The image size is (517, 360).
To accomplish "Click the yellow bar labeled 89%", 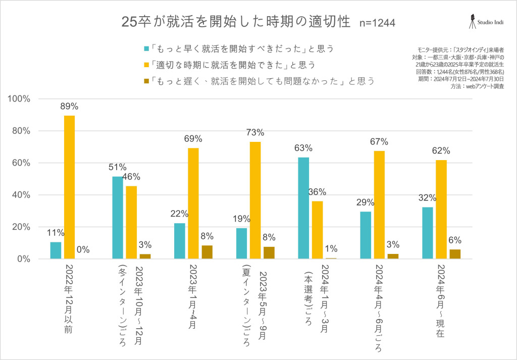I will [69, 187].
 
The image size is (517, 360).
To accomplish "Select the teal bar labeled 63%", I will [303, 208].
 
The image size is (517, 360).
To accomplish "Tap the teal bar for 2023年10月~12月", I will [117, 218].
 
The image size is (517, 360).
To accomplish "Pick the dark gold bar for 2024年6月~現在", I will [455, 254].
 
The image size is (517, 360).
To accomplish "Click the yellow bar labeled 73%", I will [255, 200].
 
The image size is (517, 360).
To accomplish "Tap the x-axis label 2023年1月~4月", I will [193, 295].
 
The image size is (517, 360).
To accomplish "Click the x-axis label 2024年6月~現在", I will [441, 300].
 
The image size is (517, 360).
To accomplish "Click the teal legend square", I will [146, 49].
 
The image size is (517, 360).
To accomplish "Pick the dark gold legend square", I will [146, 81].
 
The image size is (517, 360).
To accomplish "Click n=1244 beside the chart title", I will [377, 23].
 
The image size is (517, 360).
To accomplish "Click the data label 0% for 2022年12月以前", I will [83, 249].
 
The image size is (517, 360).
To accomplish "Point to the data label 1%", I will [331, 248].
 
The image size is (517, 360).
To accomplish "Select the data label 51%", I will [117, 167].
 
